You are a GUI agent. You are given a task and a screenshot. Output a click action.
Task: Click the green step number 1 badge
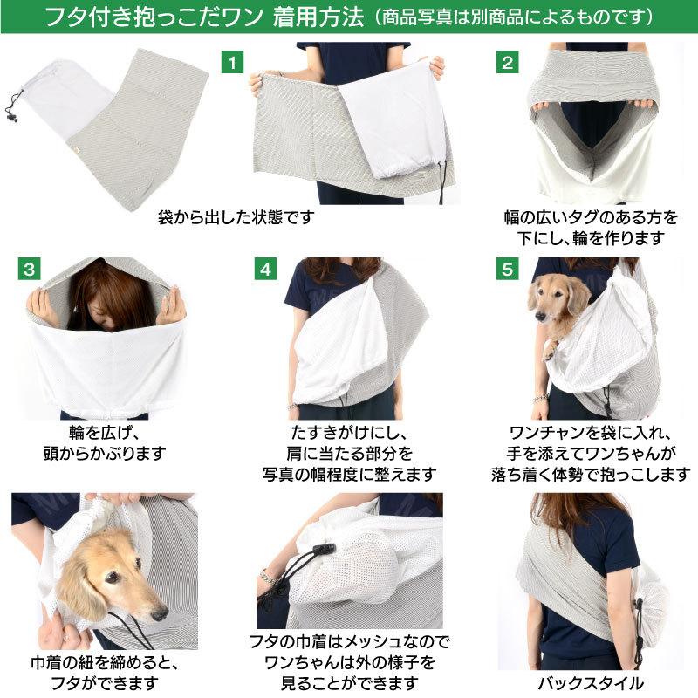pyautogui.click(x=230, y=63)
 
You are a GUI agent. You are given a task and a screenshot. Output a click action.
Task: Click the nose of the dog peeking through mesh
pyautogui.click(x=160, y=613)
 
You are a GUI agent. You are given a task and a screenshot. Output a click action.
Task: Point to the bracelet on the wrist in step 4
pyautogui.click(x=291, y=407)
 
